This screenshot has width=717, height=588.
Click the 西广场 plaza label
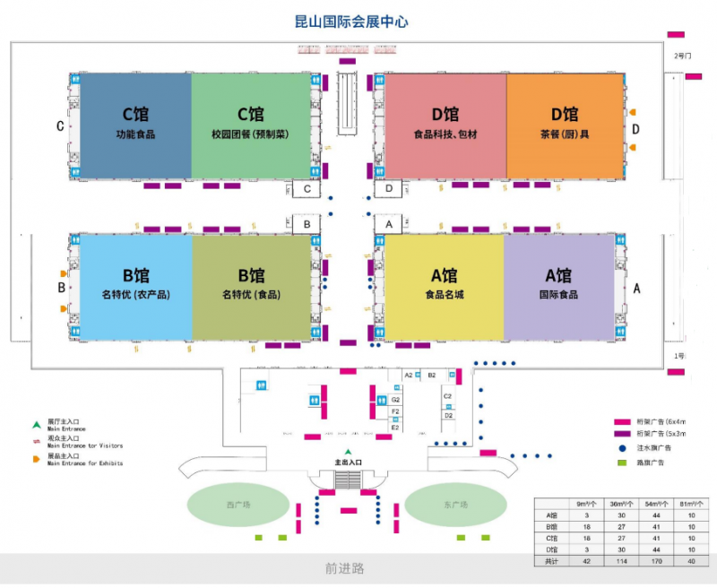(x=238, y=506)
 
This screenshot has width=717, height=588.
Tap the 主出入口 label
(x=349, y=463)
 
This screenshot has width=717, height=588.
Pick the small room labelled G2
(x=395, y=399)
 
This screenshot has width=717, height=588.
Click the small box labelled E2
(x=395, y=428)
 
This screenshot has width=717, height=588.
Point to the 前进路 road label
(x=344, y=568)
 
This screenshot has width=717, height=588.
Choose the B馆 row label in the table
(x=552, y=526)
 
